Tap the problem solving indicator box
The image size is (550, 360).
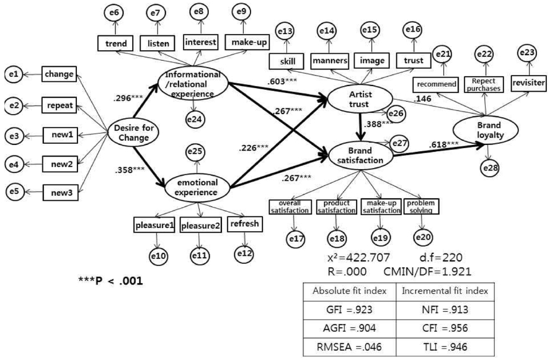coord(421,206)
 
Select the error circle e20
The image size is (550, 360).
coord(424,237)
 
